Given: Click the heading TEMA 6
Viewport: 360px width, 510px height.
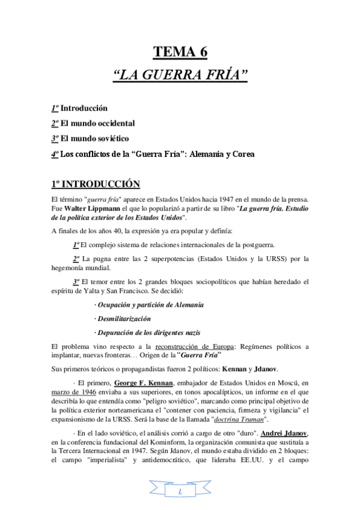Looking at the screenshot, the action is pos(180,52).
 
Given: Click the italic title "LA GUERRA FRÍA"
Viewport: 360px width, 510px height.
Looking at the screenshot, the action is pos(180,76).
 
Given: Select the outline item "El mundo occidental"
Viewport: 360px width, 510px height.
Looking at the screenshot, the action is pos(97,123).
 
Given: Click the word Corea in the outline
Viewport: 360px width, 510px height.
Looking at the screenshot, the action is pos(242,154).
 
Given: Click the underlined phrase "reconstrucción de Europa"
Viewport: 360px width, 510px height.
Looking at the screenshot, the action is pos(194,346).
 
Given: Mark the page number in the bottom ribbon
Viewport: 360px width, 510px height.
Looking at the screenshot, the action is pos(180,493).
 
